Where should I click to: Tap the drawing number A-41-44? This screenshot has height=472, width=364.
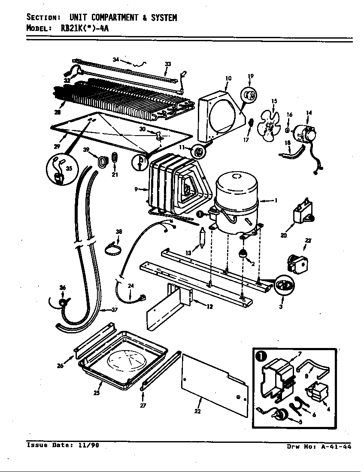tap(336, 447)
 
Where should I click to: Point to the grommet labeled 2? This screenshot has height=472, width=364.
tap(243, 254)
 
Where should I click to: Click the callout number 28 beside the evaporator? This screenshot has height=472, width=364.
tap(58, 112)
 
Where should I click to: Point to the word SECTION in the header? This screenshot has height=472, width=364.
tap(42, 18)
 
